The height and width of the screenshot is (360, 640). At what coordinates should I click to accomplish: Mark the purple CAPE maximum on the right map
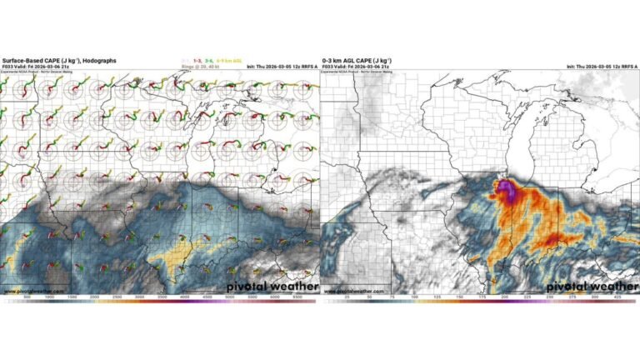[x=506, y=191]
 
